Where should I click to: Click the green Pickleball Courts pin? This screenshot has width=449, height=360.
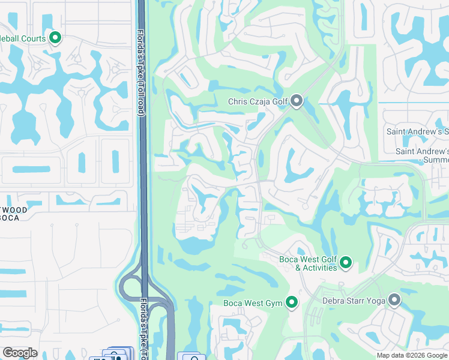pos(55,38)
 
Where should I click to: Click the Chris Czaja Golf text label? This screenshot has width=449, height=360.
pos(258,102)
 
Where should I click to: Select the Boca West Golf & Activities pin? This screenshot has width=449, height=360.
pos(346,262)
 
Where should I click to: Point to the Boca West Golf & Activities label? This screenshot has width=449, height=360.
pos(309,263)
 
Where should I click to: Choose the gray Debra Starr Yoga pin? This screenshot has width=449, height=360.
pos(394,299)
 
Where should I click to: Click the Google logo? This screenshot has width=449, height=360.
pos(20,353)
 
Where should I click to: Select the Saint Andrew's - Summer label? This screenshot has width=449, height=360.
pos(421,155)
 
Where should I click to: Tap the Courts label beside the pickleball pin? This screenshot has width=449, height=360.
pos(30,38)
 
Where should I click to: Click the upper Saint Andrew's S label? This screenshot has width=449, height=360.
pos(417,131)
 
